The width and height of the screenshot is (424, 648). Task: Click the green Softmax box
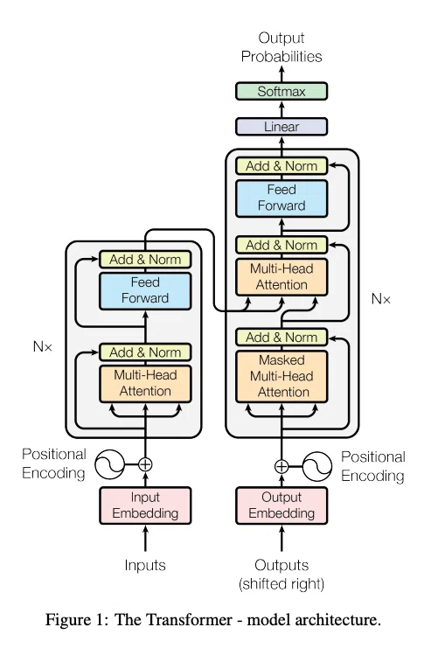282,91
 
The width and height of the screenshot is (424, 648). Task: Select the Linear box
282,127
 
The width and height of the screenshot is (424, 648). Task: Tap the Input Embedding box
145,505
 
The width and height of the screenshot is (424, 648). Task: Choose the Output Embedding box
282,505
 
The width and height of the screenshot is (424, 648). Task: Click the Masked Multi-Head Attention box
282,377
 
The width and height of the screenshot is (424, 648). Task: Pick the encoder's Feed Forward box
145,290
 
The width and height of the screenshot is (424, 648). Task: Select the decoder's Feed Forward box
282,199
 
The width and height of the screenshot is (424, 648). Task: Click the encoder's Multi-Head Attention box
145,384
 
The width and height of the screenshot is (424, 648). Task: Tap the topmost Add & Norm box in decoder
282,166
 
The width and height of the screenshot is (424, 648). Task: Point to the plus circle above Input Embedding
145,464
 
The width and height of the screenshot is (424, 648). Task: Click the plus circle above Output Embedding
282,467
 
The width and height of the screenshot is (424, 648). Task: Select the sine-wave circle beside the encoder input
109,464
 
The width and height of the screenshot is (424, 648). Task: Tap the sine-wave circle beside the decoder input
317,467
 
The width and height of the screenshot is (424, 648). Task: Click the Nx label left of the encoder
43,346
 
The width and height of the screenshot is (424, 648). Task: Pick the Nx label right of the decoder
380,299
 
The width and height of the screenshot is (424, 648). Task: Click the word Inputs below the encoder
145,565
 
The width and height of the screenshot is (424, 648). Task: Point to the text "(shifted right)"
282,584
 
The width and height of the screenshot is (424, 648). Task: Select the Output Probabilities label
282,47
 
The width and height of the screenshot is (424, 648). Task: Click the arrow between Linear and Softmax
282,109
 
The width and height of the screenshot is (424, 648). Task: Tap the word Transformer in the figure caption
173,620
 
